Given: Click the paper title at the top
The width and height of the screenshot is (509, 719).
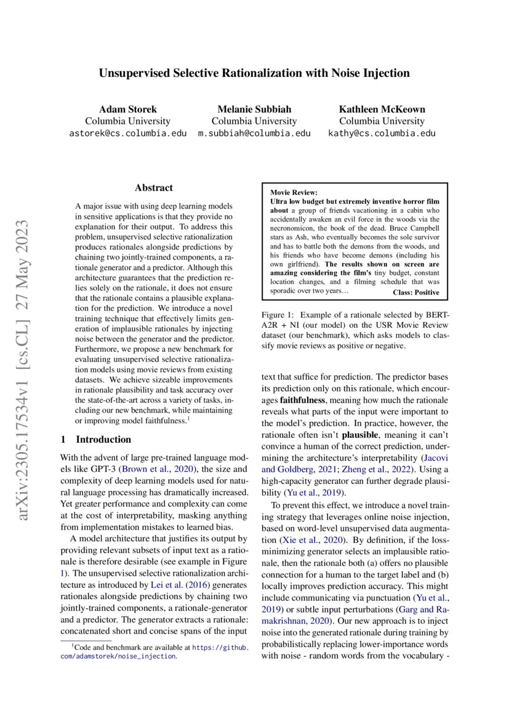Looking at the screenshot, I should [x=254, y=73].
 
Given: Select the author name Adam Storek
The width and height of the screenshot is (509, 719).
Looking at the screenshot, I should [x=127, y=109].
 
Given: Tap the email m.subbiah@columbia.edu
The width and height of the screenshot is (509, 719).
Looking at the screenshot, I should [x=254, y=133].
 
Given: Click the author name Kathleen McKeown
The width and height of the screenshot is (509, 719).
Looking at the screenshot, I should [x=382, y=109].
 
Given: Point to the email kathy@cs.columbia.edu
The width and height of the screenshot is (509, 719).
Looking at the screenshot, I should [x=382, y=133].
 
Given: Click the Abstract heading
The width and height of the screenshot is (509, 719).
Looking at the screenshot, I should [x=153, y=188].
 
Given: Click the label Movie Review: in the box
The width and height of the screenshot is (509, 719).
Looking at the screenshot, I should [x=294, y=193].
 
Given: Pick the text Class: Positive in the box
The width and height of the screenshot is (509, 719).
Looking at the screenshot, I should [x=415, y=292].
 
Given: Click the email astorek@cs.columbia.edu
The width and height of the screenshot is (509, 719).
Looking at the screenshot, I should [x=127, y=133].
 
